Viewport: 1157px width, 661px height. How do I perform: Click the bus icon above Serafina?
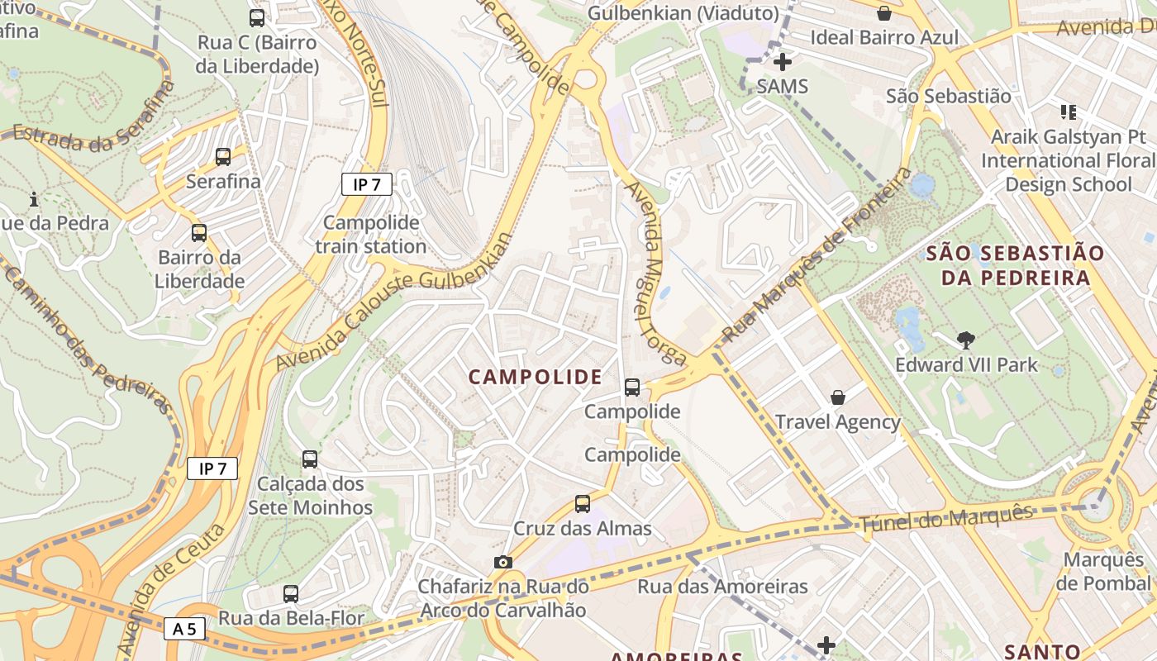(222, 157)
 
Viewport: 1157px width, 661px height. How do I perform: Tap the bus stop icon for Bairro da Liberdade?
(199, 233)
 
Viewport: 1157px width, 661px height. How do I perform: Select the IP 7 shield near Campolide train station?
(366, 184)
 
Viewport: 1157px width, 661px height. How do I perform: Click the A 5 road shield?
(184, 629)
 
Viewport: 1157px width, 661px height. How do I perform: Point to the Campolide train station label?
(371, 235)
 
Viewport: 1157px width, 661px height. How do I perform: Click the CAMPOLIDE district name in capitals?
(536, 378)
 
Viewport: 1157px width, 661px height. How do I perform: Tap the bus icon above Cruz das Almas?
(583, 504)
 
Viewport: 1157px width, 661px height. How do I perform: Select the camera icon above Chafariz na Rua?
(502, 563)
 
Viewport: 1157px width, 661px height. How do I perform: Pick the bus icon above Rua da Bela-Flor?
(290, 593)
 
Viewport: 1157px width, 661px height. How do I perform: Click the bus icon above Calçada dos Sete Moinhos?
(310, 459)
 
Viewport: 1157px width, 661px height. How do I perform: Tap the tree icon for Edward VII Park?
(965, 340)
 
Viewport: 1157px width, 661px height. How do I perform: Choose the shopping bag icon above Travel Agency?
(838, 397)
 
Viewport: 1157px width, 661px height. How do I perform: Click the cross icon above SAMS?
(782, 62)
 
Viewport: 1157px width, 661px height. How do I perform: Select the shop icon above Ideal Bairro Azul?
(884, 13)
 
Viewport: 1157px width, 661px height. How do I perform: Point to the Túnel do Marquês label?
(946, 519)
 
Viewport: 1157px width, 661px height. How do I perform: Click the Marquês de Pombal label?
(1102, 572)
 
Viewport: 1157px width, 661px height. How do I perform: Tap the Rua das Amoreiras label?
(722, 587)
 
